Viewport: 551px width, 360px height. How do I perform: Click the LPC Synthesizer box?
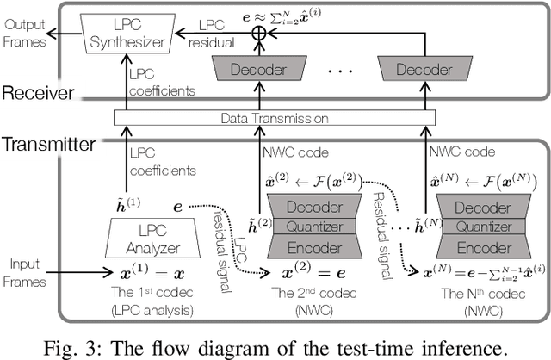(x=129, y=34)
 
